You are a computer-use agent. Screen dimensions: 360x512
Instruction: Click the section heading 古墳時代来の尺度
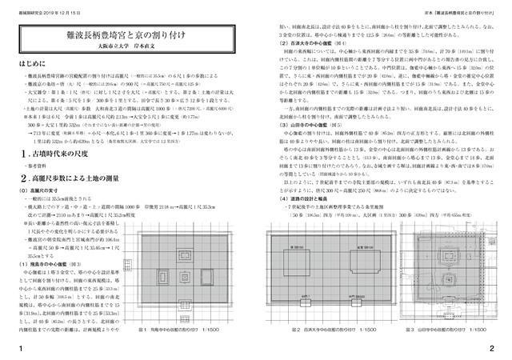point(61,152)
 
